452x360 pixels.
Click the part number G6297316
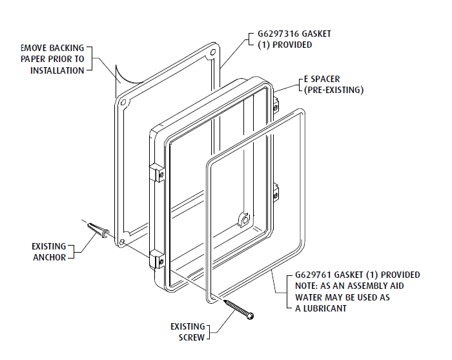click(x=278, y=34)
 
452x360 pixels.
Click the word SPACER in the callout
click(x=326, y=79)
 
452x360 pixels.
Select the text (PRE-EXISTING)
click(x=334, y=90)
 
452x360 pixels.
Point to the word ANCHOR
click(x=49, y=257)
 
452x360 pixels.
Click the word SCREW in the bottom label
click(x=192, y=337)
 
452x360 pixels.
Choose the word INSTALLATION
click(x=57, y=70)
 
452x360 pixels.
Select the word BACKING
click(x=67, y=48)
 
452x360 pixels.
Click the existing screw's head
click(x=251, y=317)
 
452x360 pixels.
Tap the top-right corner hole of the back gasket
click(x=213, y=52)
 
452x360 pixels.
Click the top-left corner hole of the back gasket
click(x=123, y=102)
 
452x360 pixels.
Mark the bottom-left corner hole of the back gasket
click(x=122, y=242)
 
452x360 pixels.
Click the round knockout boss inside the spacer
click(x=245, y=220)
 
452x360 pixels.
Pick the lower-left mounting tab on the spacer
click(x=157, y=260)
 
